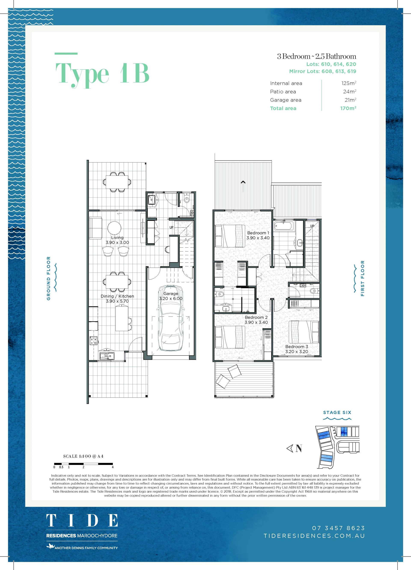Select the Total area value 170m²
[348, 108]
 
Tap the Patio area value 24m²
[350, 91]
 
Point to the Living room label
[117, 238]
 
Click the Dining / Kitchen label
[117, 296]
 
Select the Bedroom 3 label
[297, 347]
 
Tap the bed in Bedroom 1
[230, 236]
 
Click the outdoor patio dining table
[117, 182]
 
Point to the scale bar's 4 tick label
[113, 467]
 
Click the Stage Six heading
[337, 412]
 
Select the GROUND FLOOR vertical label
[49, 278]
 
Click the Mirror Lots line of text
[323, 71]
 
